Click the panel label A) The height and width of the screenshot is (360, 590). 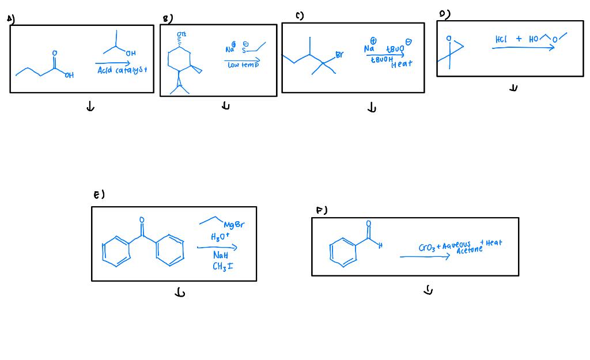pyautogui.click(x=10, y=19)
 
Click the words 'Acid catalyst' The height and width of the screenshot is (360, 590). pyautogui.click(x=122, y=70)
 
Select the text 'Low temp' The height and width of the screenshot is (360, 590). pyautogui.click(x=243, y=66)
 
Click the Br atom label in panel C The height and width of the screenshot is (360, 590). pyautogui.click(x=339, y=55)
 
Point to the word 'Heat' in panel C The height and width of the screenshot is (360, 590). pyautogui.click(x=402, y=64)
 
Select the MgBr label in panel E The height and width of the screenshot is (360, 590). pyautogui.click(x=233, y=225)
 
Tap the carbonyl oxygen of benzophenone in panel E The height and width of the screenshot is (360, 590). pyautogui.click(x=141, y=219)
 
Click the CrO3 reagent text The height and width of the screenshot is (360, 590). pyautogui.click(x=428, y=248)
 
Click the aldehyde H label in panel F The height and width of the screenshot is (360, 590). pyautogui.click(x=380, y=246)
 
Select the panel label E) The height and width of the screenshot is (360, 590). pyautogui.click(x=99, y=195)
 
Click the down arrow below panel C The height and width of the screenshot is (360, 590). pyautogui.click(x=372, y=108)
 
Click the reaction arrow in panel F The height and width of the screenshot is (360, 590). pyautogui.click(x=425, y=257)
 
